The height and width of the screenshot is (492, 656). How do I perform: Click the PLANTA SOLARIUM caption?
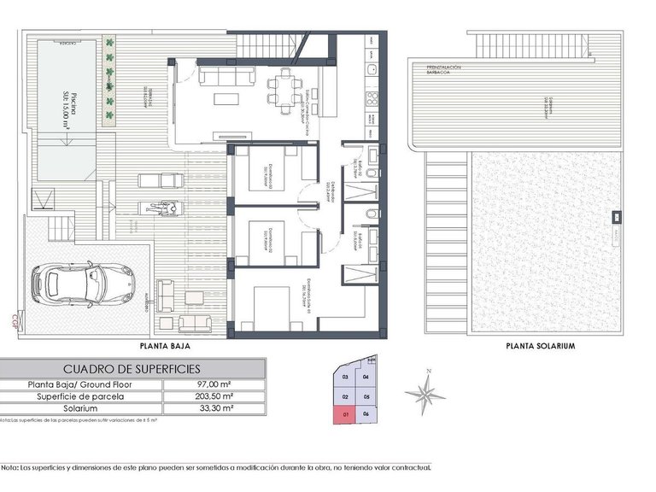coord(540,347)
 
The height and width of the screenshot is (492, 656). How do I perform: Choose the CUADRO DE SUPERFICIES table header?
coord(132,368)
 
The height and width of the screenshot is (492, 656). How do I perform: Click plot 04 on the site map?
coord(366,377)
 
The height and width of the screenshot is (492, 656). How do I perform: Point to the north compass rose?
coord(425,392)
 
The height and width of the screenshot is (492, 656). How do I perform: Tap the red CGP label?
coord(15,322)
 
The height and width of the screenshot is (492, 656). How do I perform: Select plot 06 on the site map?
coord(367,414)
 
